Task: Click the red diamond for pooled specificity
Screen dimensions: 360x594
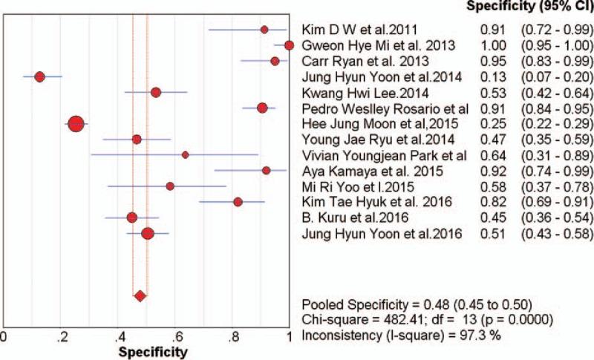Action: point(140,297)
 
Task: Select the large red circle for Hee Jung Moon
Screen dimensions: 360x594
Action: point(76,124)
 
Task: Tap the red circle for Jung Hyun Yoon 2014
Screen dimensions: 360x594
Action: point(40,76)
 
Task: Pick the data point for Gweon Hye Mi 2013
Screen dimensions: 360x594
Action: point(289,45)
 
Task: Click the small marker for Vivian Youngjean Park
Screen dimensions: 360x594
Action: point(185,154)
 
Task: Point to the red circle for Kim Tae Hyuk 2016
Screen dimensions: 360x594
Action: point(238,201)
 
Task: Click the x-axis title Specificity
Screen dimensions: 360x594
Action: point(148,349)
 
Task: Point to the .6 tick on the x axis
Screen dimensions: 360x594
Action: point(175,335)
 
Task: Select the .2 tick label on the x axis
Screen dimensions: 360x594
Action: point(60,335)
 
